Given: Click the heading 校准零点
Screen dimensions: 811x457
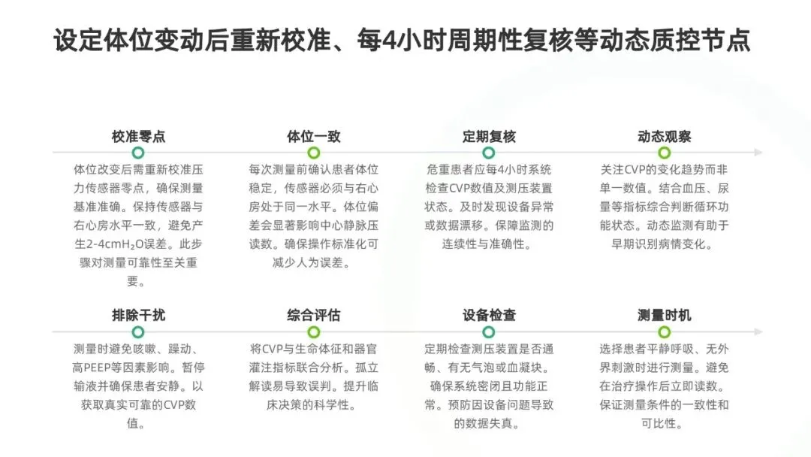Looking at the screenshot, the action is [x=138, y=137].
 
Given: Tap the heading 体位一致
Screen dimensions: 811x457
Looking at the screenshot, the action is [x=314, y=137].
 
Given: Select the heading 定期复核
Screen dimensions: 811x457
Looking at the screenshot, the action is [x=489, y=137].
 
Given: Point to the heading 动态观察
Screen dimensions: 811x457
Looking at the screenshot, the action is [x=664, y=137].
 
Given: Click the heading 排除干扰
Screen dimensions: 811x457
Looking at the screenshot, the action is [x=138, y=315].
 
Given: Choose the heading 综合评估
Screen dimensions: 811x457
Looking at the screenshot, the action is [x=314, y=315].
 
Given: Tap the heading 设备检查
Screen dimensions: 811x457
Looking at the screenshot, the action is [x=489, y=315].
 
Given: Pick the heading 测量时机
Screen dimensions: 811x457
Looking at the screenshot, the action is [x=664, y=315].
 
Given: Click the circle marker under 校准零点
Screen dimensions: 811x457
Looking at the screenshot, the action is [x=138, y=153].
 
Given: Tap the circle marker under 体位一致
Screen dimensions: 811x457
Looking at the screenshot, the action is [x=314, y=153].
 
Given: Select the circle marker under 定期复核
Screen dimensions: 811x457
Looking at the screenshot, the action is [x=489, y=153].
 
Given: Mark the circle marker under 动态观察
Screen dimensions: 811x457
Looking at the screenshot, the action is [x=664, y=153].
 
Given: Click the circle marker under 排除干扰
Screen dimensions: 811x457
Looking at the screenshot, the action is [x=138, y=331].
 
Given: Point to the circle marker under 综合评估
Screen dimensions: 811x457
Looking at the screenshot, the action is [x=314, y=331].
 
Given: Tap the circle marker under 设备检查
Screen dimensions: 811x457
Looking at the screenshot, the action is [x=489, y=331].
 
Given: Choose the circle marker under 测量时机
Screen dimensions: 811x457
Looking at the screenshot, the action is [x=664, y=331].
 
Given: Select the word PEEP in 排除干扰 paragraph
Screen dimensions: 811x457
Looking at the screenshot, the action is [x=101, y=369].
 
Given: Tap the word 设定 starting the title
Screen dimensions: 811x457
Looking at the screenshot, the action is [x=74, y=40].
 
